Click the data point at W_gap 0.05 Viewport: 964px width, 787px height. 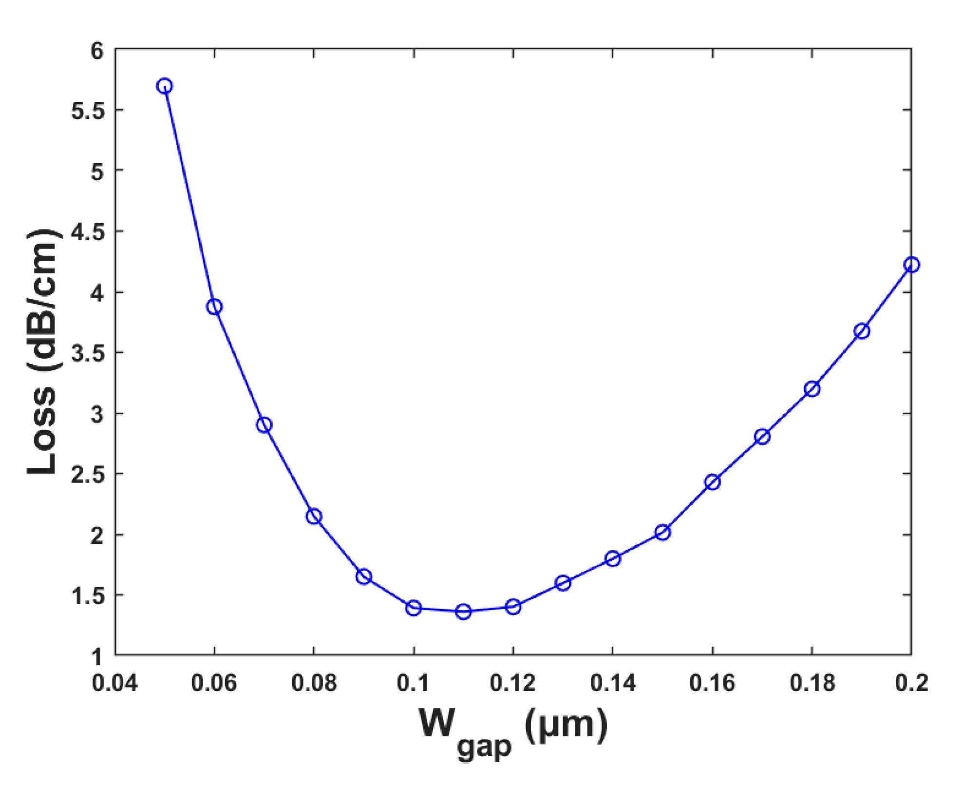click(165, 86)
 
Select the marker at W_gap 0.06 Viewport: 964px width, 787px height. click(214, 307)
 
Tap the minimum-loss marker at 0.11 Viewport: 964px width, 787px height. click(463, 612)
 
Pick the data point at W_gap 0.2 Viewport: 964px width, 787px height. click(911, 265)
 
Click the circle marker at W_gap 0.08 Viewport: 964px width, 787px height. click(314, 517)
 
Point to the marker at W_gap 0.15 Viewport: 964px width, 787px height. click(662, 532)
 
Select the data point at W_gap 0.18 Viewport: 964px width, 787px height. click(812, 389)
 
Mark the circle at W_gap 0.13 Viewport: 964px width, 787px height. click(563, 583)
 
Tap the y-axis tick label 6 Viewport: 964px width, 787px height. click(97, 51)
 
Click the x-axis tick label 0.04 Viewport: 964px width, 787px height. click(115, 683)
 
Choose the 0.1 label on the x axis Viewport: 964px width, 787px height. click(413, 683)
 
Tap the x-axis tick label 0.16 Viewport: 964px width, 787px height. click(712, 683)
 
